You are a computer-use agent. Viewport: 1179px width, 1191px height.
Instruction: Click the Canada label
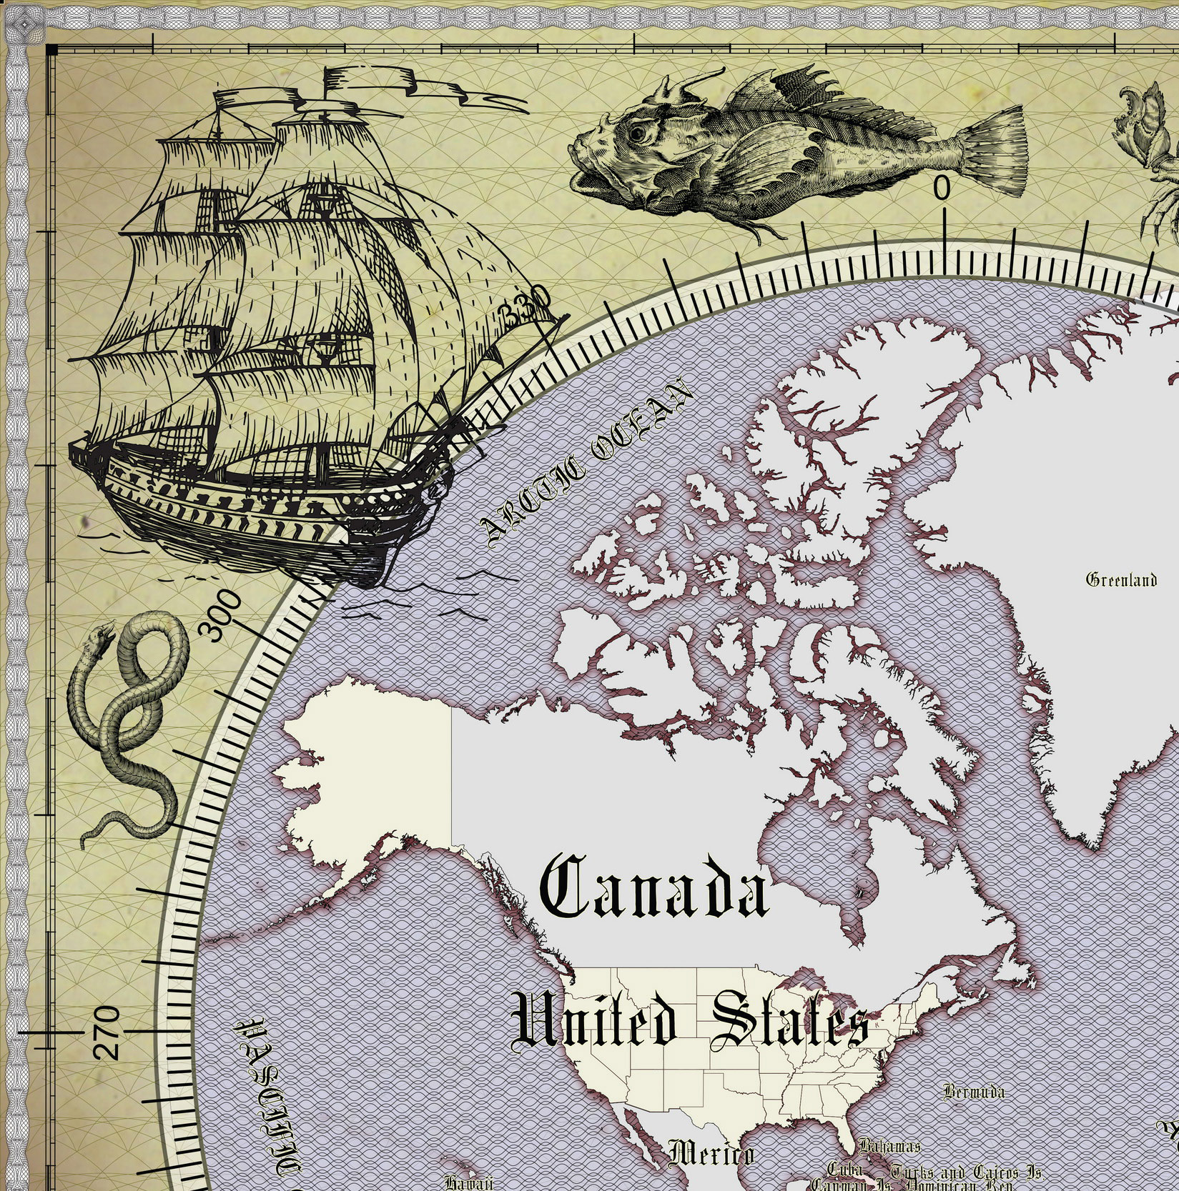coord(654,889)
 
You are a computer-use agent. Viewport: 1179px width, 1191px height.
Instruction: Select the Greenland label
coord(1120,579)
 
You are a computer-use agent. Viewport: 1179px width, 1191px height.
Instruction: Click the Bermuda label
coord(973,1092)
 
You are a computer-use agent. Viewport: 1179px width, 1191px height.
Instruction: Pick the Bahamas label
coord(889,1147)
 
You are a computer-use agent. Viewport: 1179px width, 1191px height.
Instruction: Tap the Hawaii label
coord(468,1182)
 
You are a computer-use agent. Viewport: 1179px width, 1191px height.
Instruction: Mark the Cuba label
coord(844,1170)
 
